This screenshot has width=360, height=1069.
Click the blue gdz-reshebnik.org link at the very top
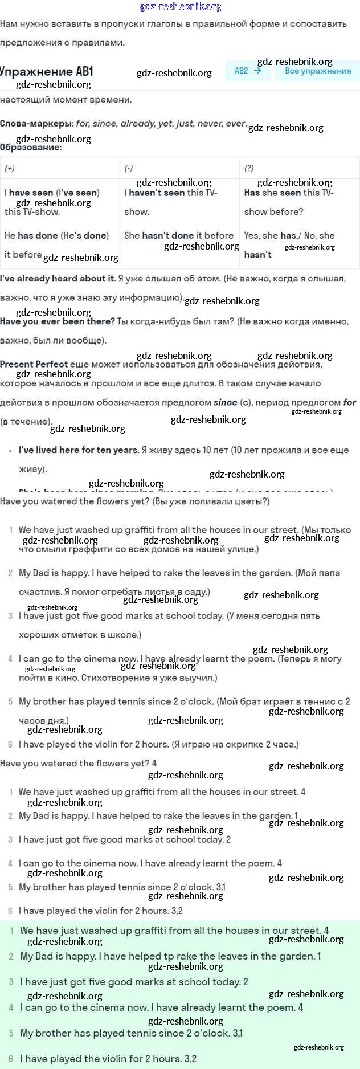point(180,7)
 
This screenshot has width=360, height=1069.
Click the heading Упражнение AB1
point(46,71)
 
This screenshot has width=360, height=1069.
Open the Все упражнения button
point(317,71)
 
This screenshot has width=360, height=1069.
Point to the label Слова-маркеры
point(36,123)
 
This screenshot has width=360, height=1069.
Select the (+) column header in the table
point(10,168)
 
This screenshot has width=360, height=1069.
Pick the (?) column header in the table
point(249,168)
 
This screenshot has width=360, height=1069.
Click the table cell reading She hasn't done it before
point(179,235)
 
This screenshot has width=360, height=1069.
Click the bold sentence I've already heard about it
point(58,279)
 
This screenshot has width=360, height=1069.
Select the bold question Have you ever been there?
point(58,321)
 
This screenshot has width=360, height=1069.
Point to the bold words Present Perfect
point(34,364)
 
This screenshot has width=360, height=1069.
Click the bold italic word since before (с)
point(225,402)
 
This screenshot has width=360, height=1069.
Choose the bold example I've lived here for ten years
point(79,450)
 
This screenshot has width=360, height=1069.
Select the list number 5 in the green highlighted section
point(11,1033)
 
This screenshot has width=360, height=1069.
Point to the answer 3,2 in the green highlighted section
point(190,1059)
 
